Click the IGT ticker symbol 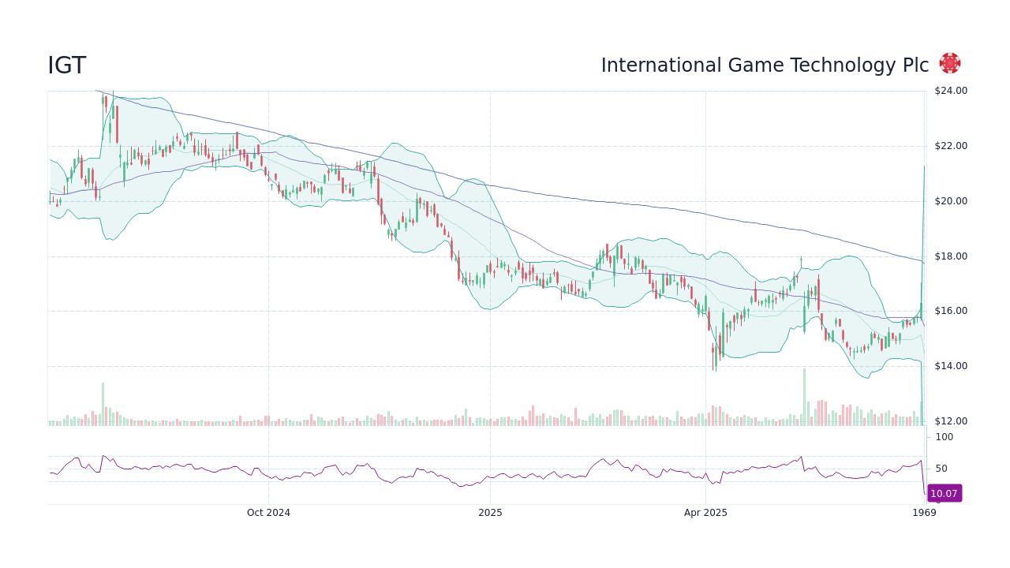tap(67, 66)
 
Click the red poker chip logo tap(950, 64)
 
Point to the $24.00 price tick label tap(950, 91)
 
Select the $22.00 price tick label tap(950, 146)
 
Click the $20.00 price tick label tap(950, 201)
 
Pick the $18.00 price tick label tap(950, 256)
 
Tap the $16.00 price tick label tap(950, 311)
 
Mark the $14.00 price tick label tap(950, 366)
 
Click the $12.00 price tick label tap(950, 421)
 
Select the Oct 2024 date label tap(268, 513)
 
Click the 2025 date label tap(490, 513)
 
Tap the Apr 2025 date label tap(705, 513)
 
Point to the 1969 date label tap(924, 513)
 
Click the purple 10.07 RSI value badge tap(944, 494)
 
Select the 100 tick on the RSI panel tap(945, 437)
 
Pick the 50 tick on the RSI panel tap(941, 469)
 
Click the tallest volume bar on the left tap(103, 404)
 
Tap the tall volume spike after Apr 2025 tap(804, 397)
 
